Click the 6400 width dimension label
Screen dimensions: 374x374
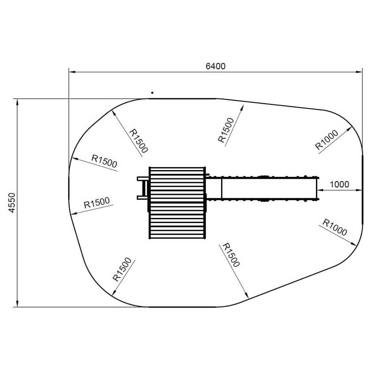(x=215, y=66)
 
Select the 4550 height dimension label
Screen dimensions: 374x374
(x=12, y=203)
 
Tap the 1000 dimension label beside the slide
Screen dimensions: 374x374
(x=339, y=184)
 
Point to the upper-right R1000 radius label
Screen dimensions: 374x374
(x=327, y=140)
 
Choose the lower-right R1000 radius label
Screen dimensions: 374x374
(x=335, y=227)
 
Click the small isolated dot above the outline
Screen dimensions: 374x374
(x=152, y=93)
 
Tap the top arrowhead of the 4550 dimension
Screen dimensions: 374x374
(x=17, y=102)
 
